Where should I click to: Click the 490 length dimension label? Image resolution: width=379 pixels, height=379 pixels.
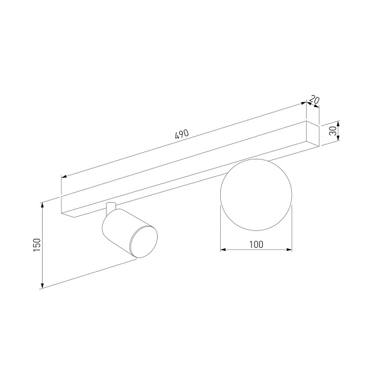[x=182, y=134]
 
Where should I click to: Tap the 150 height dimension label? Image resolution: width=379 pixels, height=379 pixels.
[x=37, y=245]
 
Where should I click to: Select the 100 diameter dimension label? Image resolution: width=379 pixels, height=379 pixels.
[x=256, y=245]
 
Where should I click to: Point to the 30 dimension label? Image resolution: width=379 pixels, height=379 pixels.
[x=333, y=131]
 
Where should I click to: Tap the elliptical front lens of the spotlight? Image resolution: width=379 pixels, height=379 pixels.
[x=144, y=242]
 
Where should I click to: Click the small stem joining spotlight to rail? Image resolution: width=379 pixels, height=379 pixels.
[x=111, y=209]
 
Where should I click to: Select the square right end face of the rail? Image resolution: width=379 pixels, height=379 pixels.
[x=313, y=134]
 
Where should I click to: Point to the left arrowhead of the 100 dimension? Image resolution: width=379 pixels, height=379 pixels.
[x=223, y=250]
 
